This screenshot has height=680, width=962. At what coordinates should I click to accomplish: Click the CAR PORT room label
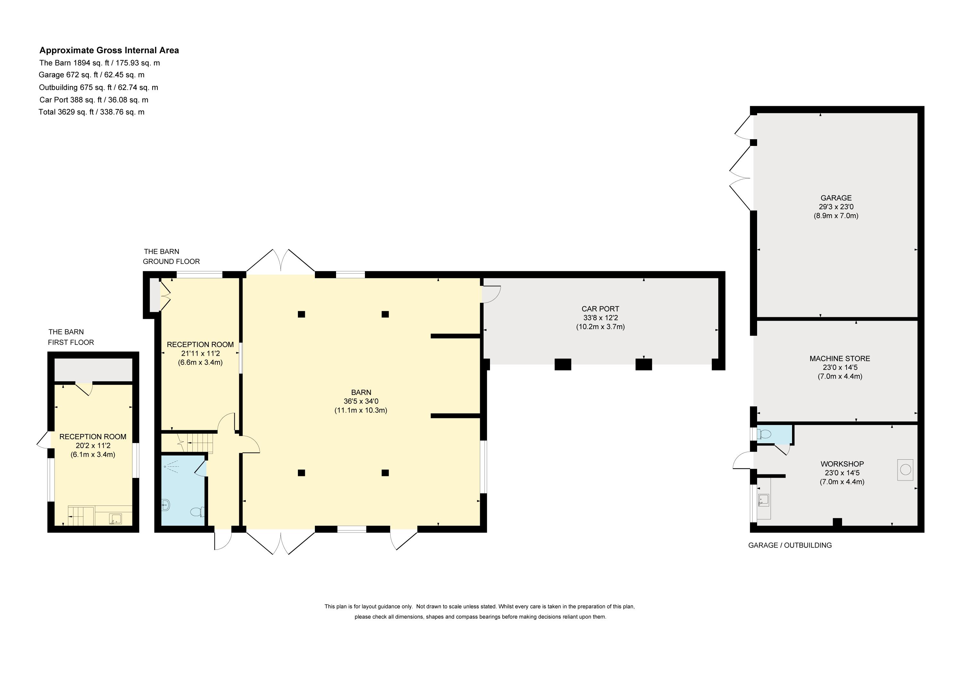(600, 309)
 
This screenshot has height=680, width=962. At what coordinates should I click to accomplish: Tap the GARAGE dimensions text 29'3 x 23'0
(836, 207)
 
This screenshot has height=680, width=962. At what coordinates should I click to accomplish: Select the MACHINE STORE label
(840, 358)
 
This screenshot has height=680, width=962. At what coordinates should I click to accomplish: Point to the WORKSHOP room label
(842, 464)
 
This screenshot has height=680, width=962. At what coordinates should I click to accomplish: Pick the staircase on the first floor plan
(81, 516)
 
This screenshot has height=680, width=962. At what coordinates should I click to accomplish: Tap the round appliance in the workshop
(905, 470)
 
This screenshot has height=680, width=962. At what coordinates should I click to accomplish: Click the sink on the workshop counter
(764, 499)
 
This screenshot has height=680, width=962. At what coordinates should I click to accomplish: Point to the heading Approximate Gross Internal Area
(109, 50)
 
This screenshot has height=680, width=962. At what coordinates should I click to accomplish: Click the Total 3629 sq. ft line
(91, 112)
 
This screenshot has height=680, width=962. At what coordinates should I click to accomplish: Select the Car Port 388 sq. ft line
(94, 100)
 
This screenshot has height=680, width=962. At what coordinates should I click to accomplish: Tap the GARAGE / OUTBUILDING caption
(790, 545)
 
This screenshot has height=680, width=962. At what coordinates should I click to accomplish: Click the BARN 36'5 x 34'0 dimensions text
(361, 401)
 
